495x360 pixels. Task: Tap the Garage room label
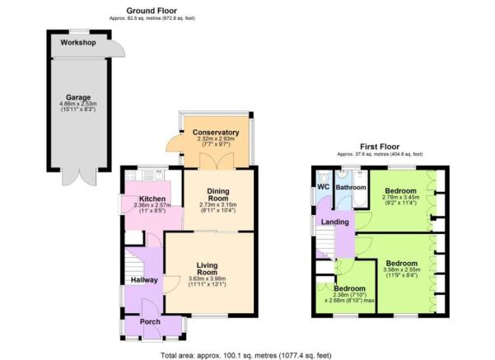pos(79,97)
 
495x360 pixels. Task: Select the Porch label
pos(151,321)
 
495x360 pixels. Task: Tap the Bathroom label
pos(350,188)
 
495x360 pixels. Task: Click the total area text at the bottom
pos(246,354)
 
